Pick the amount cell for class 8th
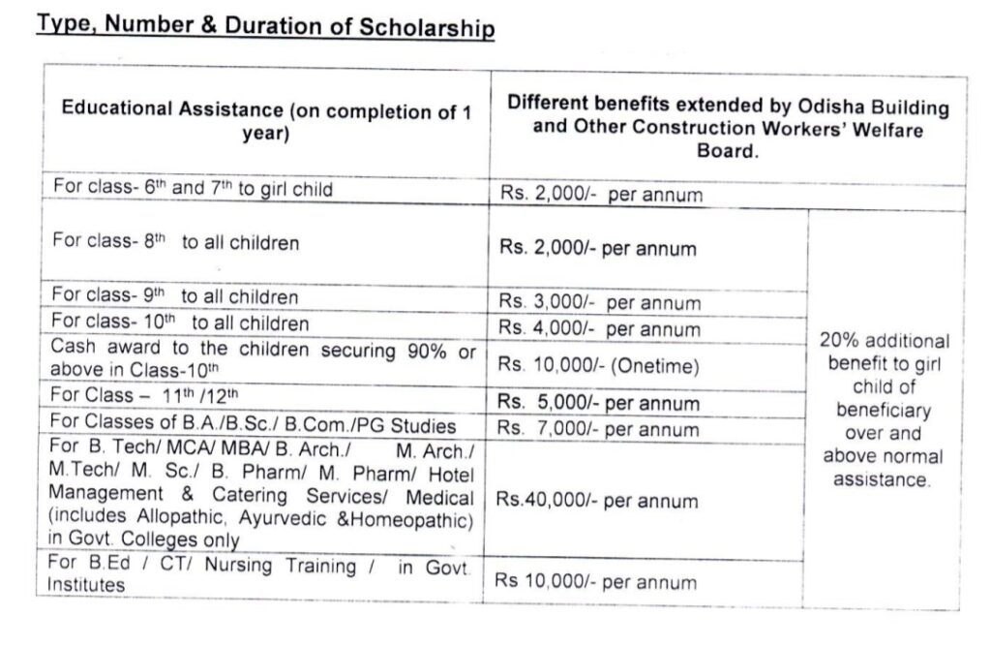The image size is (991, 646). pyautogui.click(x=598, y=248)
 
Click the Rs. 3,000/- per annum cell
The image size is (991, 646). pyautogui.click(x=600, y=303)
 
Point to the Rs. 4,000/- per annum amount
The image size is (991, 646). pyautogui.click(x=600, y=328)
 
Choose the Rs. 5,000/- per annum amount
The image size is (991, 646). pyautogui.click(x=600, y=403)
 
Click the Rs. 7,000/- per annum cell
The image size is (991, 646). pyautogui.click(x=600, y=428)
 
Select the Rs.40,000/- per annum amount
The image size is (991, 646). pyautogui.click(x=597, y=501)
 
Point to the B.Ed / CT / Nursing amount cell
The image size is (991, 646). pyautogui.click(x=595, y=582)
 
